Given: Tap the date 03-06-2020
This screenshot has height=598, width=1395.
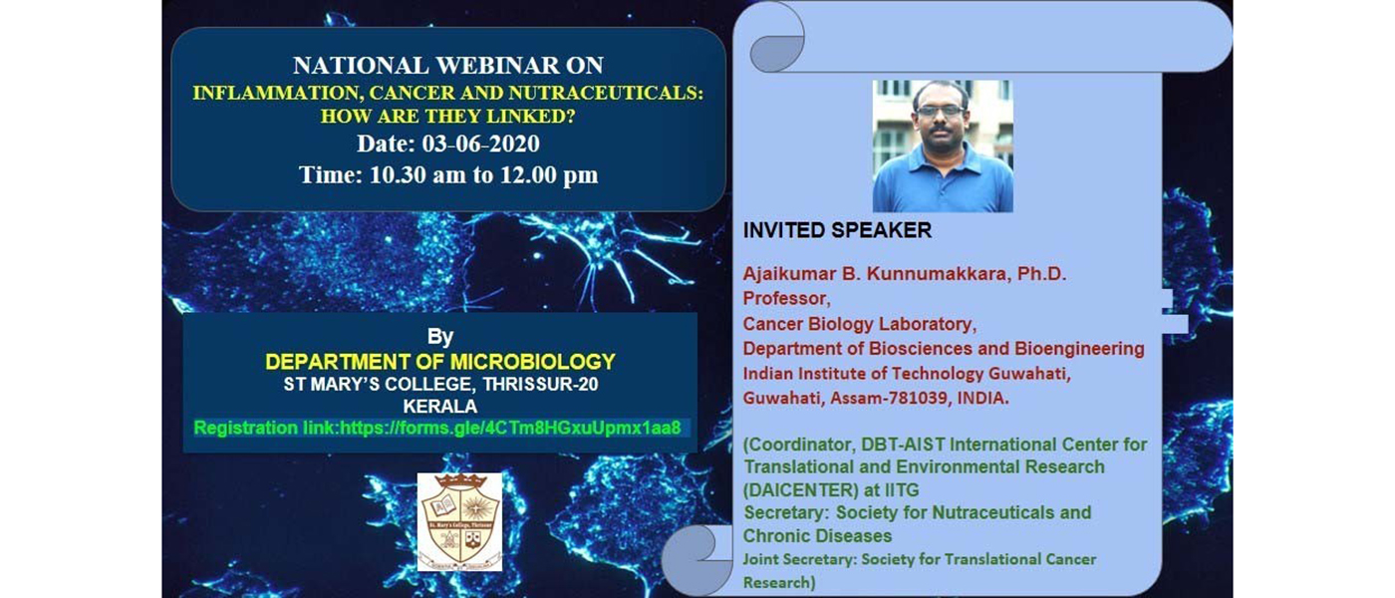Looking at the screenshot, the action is coord(480,144).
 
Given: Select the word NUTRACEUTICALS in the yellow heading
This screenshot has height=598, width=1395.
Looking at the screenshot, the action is coord(606,93).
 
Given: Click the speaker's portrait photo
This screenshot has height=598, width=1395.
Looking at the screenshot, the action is coord(943,147).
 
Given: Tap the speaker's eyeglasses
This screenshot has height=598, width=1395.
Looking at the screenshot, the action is coord(941,111).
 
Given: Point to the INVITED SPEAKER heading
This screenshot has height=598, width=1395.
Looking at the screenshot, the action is coord(837,230).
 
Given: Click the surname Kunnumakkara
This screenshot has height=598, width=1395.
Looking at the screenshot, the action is coord(937,273).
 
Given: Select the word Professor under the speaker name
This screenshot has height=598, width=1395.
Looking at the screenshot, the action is coord(786,298).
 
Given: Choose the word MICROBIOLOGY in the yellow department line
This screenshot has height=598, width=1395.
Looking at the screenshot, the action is coord(532,361).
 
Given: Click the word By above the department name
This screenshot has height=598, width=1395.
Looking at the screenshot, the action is coord(439,337).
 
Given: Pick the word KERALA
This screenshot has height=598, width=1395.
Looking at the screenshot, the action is coord(439,407).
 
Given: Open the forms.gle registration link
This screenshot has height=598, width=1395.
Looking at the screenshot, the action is coord(510,428).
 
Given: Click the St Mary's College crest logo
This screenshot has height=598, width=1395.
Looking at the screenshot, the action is coord(459,522).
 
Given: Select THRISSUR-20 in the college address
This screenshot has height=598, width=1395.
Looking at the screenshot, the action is coord(540,385).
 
